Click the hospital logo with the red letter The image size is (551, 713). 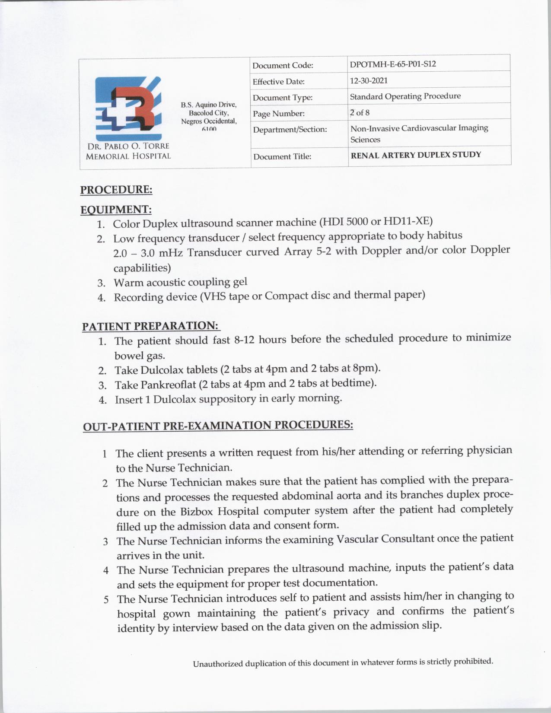pos(128,104)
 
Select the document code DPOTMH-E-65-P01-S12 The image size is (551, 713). pos(393,64)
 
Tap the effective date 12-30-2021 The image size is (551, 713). pos(369,80)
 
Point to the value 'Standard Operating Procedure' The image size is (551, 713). pos(405,96)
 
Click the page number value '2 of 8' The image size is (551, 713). pos(360,113)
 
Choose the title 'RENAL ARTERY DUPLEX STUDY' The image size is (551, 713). pos(415,155)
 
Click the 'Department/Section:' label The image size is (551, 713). pos(290,129)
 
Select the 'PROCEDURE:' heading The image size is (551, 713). pos(116,190)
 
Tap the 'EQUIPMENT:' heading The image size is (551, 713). pos(116,210)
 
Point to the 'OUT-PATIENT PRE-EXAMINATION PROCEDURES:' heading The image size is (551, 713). pos(218,425)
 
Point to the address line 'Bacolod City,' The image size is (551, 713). pos(209,113)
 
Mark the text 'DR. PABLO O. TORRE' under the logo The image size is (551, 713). pos(127,146)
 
